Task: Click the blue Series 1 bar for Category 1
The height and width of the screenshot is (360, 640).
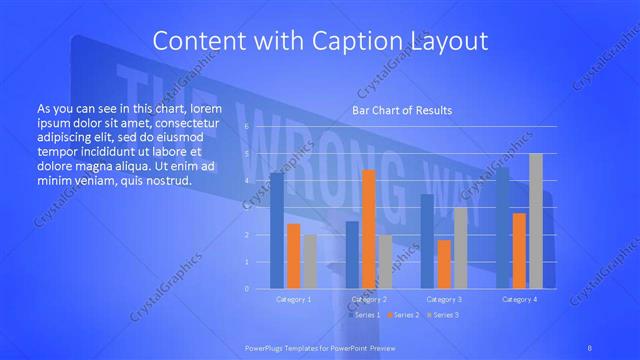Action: [276, 230]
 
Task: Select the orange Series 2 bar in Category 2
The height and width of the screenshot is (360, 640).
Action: [368, 229]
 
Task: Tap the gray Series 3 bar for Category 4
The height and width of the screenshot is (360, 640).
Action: [536, 221]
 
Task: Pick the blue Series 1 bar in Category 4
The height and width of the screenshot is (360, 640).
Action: [502, 227]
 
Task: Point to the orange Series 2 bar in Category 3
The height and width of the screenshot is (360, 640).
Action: [443, 264]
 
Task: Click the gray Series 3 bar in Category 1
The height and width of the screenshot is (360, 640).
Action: [310, 261]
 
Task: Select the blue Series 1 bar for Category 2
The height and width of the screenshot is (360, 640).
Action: [352, 255]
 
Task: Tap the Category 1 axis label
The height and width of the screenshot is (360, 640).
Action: [293, 299]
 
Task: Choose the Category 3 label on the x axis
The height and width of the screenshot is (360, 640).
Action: [444, 299]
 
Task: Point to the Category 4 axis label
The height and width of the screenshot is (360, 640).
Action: [519, 299]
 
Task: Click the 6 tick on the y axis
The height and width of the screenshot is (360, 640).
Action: [246, 127]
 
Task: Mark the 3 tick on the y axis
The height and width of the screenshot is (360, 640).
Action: [246, 208]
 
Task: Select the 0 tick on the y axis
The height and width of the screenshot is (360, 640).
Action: [246, 289]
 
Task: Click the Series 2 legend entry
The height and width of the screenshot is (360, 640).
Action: [404, 315]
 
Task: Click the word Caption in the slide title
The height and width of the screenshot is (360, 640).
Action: [347, 41]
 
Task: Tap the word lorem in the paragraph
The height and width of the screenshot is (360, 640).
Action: [205, 107]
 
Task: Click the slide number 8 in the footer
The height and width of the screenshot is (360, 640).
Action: [590, 347]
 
